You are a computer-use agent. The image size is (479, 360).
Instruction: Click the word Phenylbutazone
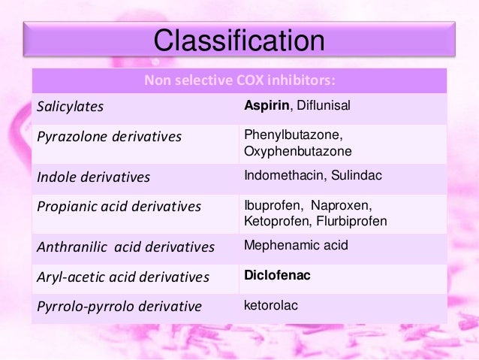coord(288,135)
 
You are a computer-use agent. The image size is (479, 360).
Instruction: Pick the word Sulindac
coord(356,177)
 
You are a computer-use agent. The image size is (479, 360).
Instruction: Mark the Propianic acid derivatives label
coord(119,207)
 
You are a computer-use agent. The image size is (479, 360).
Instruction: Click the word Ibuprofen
coord(270,205)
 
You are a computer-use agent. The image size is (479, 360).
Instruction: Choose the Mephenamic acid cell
coord(296,245)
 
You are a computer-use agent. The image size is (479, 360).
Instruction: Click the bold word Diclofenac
coord(277,276)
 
